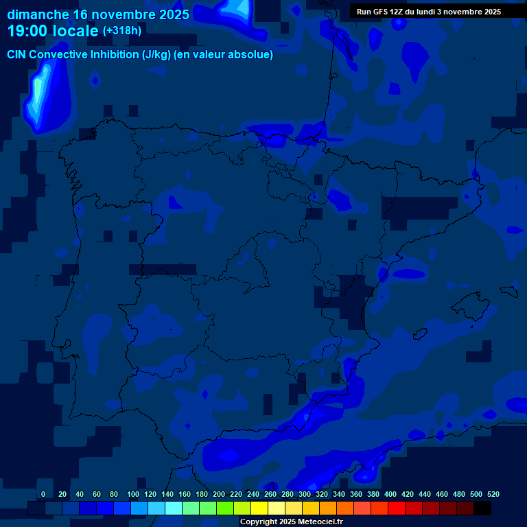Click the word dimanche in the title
38,14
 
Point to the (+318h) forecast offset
121,31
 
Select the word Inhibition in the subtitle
115,55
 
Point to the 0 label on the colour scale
43,494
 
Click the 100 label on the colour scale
133,494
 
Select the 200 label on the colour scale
219,494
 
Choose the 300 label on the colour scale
305,494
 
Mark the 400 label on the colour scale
390,494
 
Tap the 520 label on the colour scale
493,494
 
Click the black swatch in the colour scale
482,508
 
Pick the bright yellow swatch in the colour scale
259,508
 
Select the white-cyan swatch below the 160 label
174,508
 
